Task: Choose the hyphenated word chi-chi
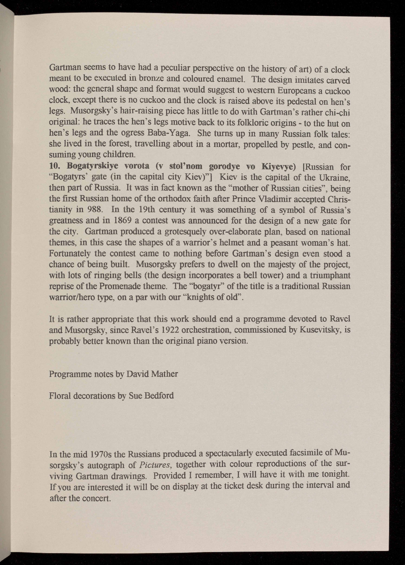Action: (338, 111)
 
